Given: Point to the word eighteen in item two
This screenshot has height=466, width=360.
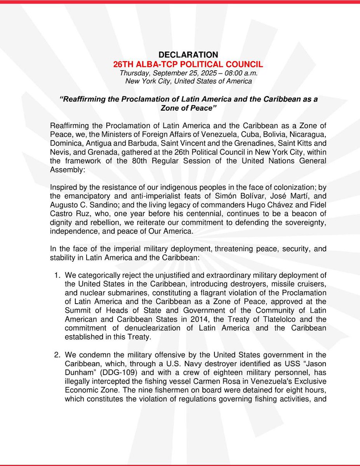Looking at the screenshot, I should pos(199,374).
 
